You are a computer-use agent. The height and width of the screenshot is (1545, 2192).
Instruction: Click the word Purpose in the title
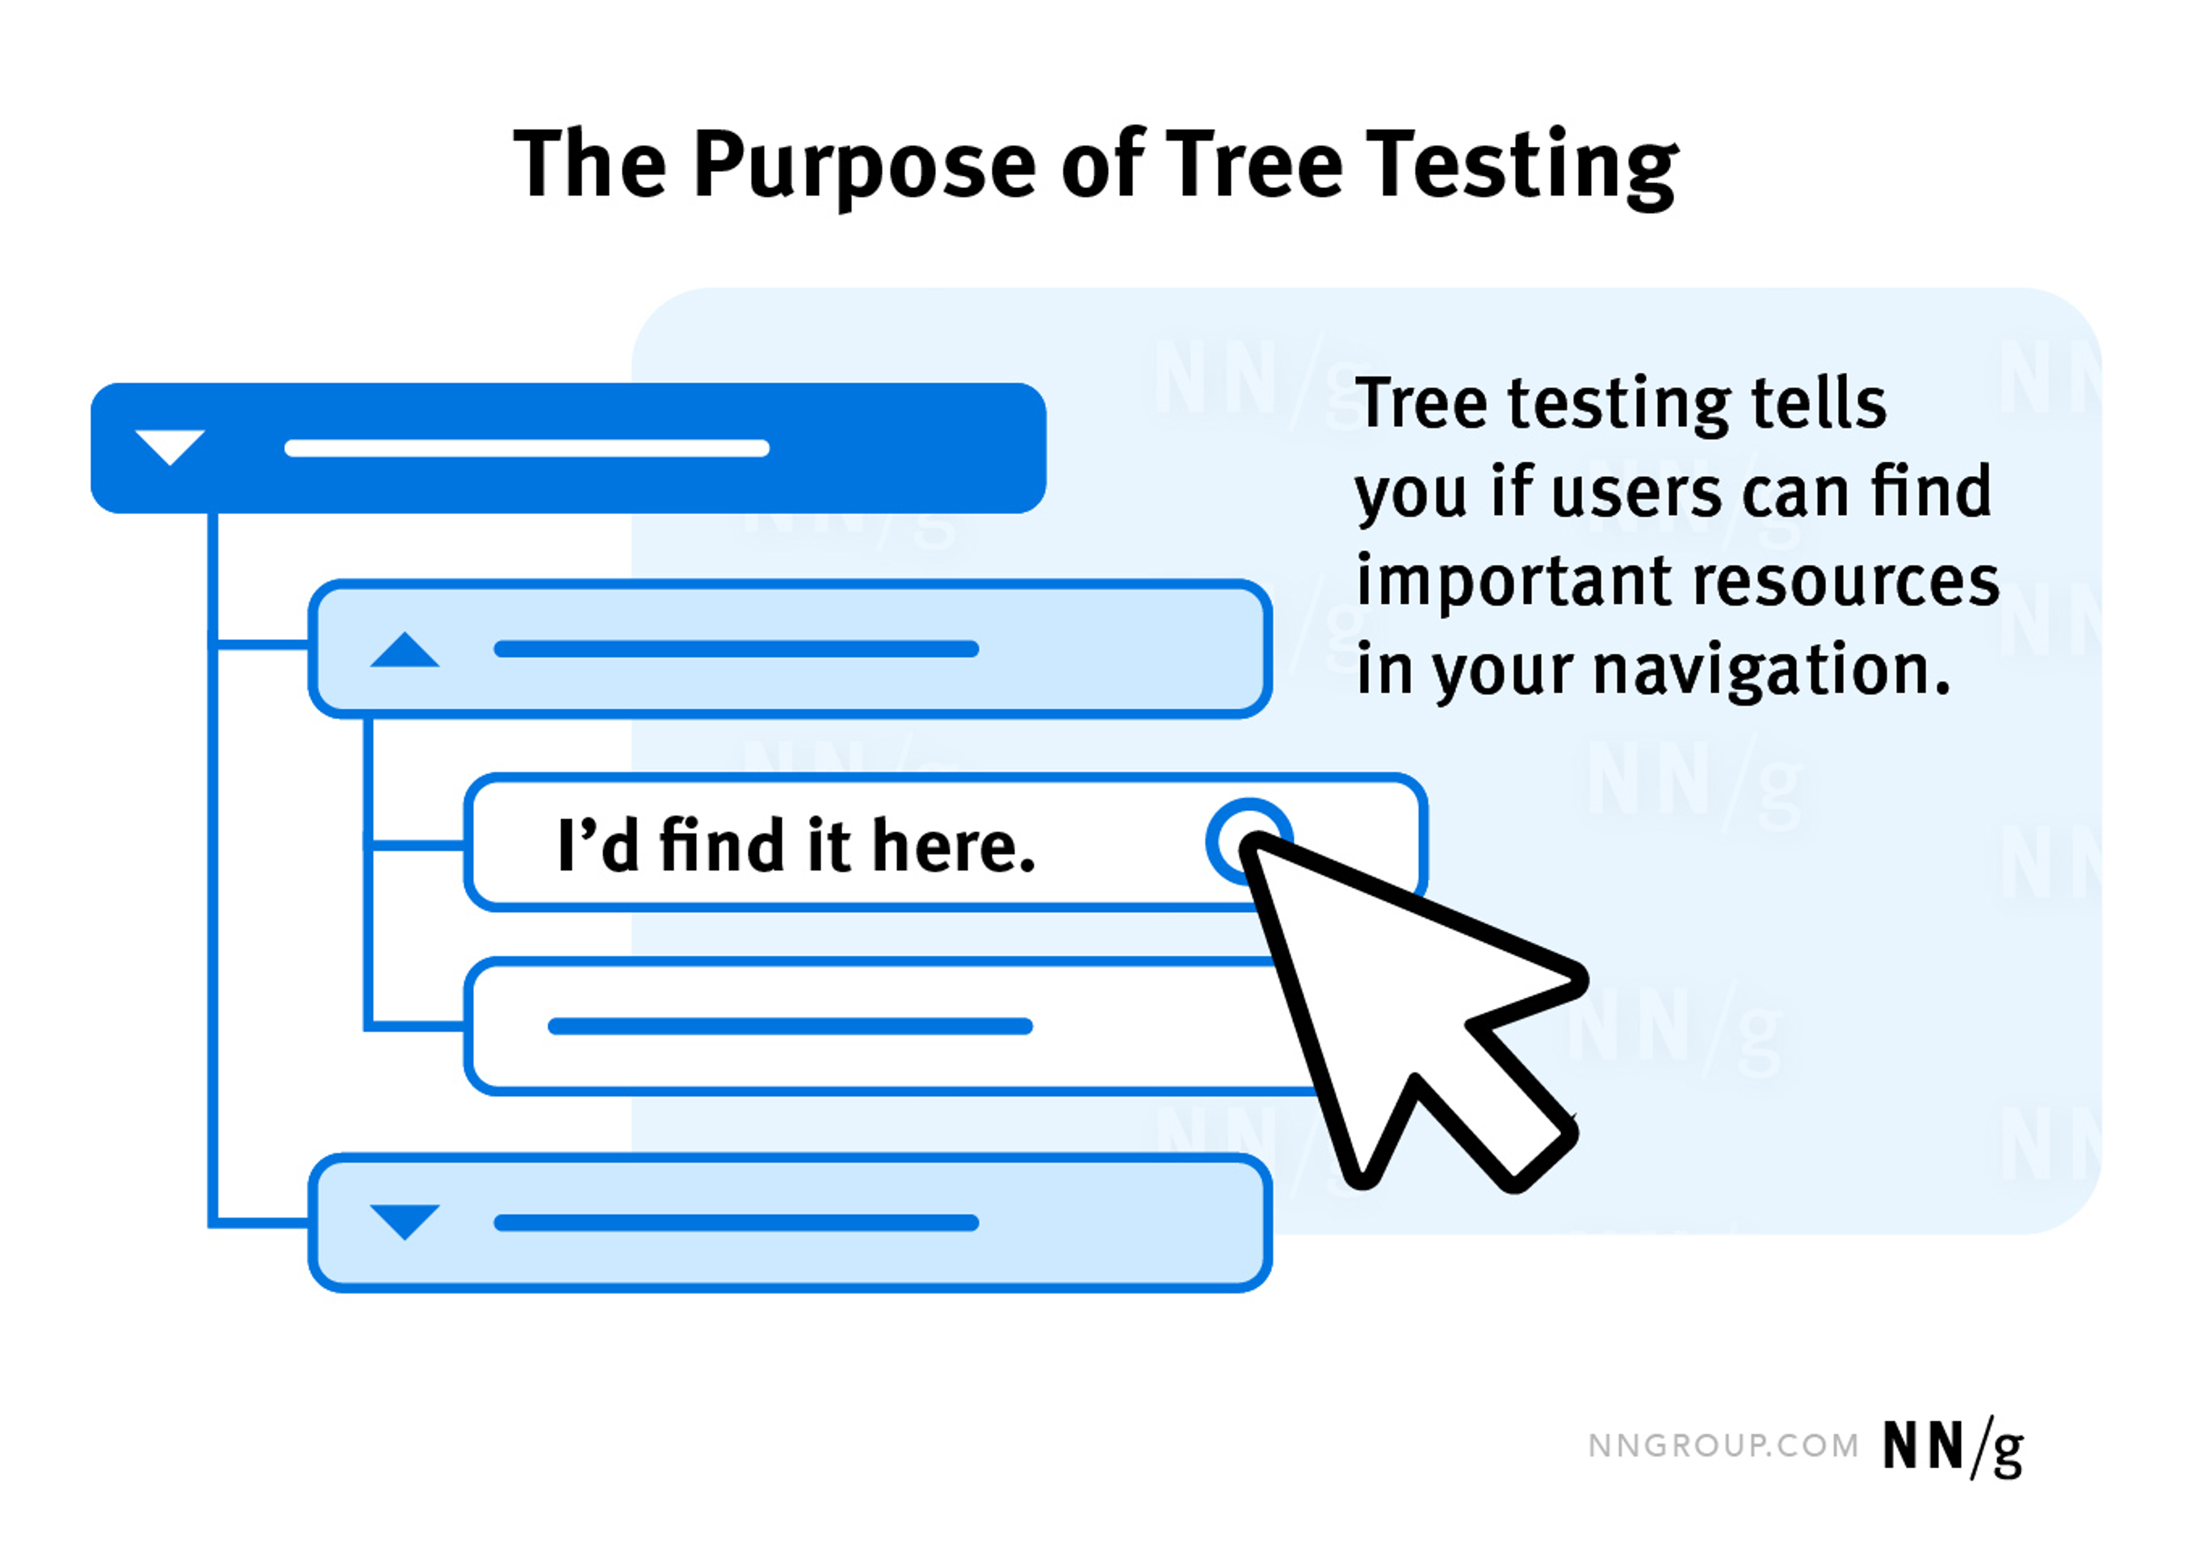tap(864, 167)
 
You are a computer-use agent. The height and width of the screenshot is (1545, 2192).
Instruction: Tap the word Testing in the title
tap(1521, 167)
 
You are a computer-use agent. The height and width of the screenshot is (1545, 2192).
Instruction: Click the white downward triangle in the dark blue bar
tap(170, 446)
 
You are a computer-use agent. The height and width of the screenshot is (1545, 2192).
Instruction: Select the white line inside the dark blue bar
tap(527, 448)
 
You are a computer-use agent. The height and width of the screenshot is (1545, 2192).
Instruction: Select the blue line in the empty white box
tap(789, 1026)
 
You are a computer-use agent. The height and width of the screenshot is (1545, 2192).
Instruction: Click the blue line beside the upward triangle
tap(736, 649)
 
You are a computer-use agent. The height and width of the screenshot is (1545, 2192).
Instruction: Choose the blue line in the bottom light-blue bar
tap(736, 1223)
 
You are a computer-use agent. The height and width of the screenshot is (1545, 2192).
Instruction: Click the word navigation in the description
tap(1772, 670)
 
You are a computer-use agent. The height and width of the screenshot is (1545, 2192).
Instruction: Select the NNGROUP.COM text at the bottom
tap(1723, 1446)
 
